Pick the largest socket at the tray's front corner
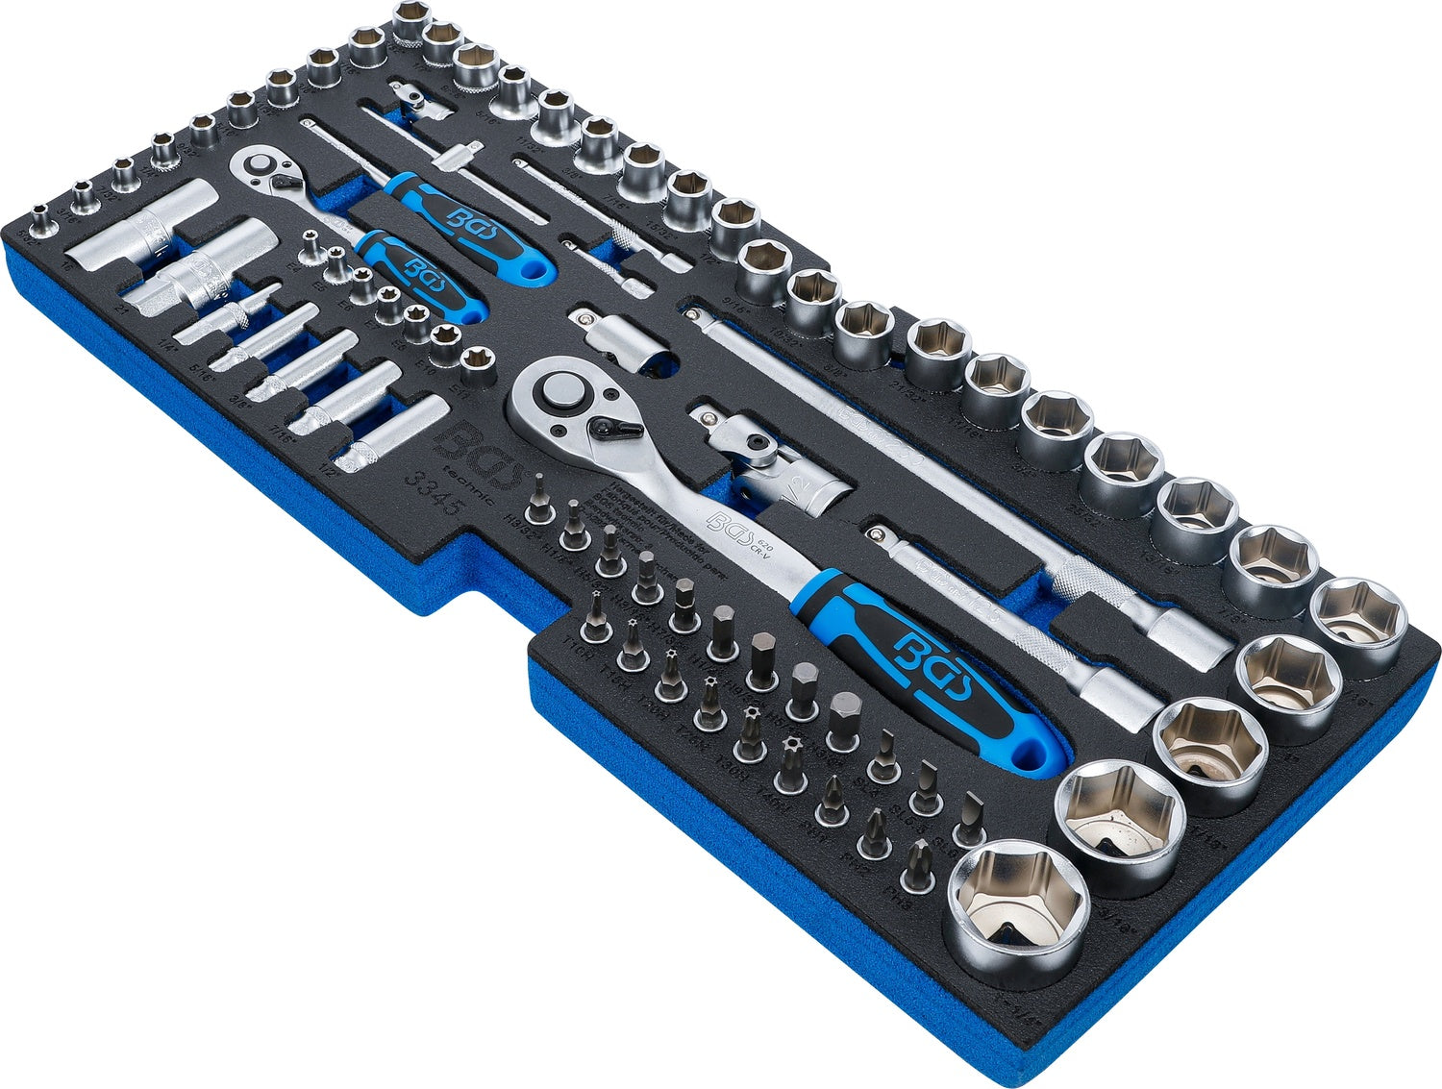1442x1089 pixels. [x=1018, y=900]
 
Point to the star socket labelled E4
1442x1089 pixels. [x=310, y=244]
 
